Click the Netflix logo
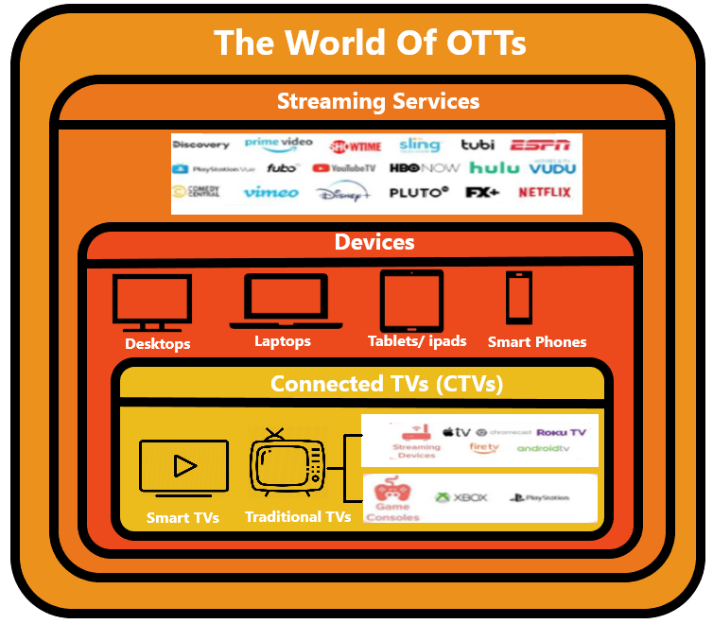tap(545, 193)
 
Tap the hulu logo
tap(495, 168)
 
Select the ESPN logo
tap(541, 145)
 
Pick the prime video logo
tap(278, 144)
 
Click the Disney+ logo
tap(343, 193)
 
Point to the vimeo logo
tap(270, 193)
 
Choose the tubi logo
tap(478, 145)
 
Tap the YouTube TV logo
tap(344, 168)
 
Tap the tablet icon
tap(411, 301)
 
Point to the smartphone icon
tap(518, 299)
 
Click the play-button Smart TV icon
tap(183, 466)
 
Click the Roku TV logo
tap(561, 432)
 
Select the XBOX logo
tap(461, 497)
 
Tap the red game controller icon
tap(392, 492)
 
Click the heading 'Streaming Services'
tap(378, 101)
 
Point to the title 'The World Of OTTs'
tap(370, 43)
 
